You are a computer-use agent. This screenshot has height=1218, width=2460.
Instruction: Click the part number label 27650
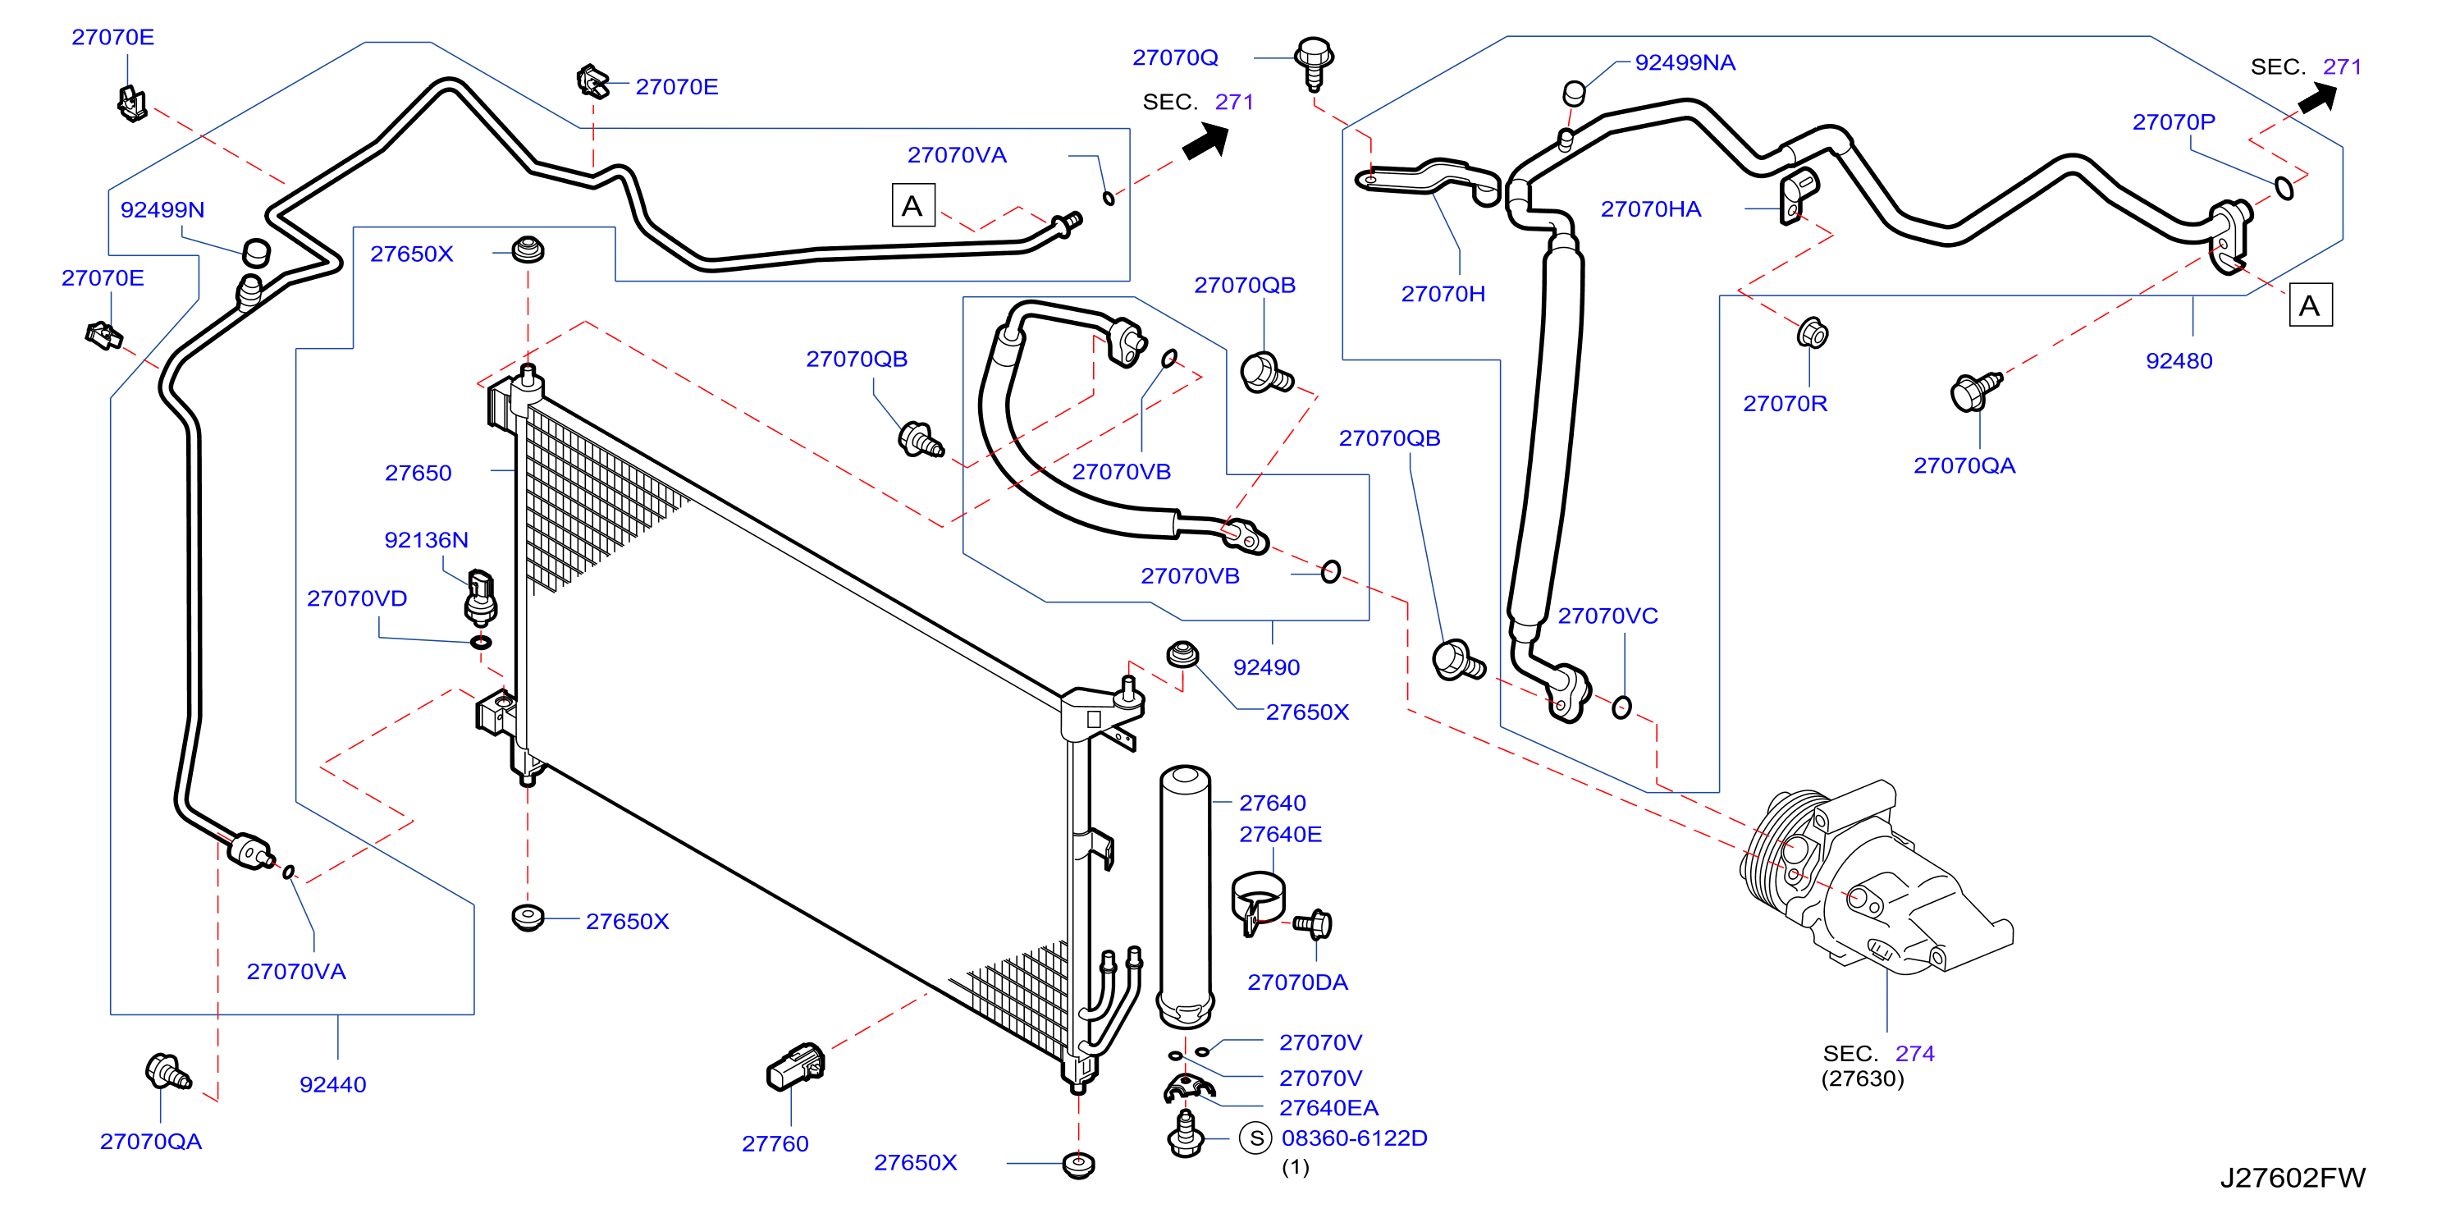pyautogui.click(x=418, y=473)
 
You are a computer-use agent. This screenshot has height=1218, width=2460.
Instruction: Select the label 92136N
pyautogui.click(x=426, y=540)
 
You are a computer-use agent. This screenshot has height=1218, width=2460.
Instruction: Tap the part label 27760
pyautogui.click(x=775, y=1143)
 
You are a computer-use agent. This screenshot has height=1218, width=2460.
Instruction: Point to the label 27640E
pyautogui.click(x=1280, y=834)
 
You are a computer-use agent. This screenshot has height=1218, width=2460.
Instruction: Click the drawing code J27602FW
pyautogui.click(x=2292, y=1178)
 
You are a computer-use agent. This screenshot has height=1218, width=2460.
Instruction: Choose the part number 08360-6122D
pyautogui.click(x=1354, y=1138)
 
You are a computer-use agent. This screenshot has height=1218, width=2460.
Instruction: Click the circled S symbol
pyautogui.click(x=1255, y=1138)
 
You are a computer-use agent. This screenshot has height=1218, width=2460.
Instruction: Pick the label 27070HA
pyautogui.click(x=1650, y=209)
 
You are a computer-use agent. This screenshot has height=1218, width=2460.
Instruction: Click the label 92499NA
pyautogui.click(x=1685, y=62)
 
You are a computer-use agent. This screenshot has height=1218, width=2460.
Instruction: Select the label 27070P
pyautogui.click(x=2174, y=121)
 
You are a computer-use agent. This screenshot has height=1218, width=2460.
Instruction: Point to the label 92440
pyautogui.click(x=332, y=1084)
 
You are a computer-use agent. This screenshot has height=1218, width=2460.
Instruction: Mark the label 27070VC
pyautogui.click(x=1607, y=616)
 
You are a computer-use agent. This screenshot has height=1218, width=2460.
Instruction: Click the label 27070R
pyautogui.click(x=1785, y=403)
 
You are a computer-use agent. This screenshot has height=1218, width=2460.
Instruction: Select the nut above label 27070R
pyautogui.click(x=1812, y=333)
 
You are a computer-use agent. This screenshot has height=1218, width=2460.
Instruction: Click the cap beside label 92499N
pyautogui.click(x=256, y=252)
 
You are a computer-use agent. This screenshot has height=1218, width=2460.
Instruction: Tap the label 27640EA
pyautogui.click(x=1328, y=1107)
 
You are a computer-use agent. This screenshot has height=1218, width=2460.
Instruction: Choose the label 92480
pyautogui.click(x=2179, y=360)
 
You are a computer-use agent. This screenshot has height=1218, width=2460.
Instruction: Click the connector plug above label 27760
pyautogui.click(x=795, y=1066)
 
